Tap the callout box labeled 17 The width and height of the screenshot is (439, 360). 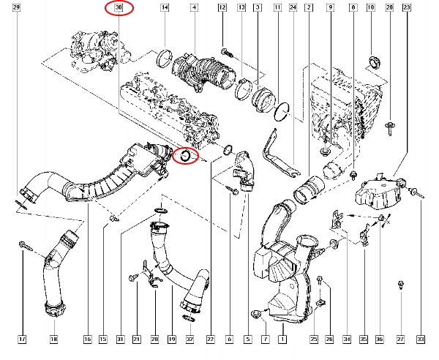tap(22, 340)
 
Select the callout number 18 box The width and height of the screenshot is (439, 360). tap(53, 340)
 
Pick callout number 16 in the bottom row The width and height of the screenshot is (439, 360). tap(87, 340)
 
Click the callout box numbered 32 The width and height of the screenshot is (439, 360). tap(190, 340)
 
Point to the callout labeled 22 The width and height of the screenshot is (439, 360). tap(211, 340)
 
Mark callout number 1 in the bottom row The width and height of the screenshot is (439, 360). tap(285, 340)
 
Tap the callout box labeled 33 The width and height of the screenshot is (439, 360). tap(420, 340)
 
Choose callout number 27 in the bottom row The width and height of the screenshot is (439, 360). tap(400, 340)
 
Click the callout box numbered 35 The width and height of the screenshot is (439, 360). tap(364, 340)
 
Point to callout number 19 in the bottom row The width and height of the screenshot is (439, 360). tap(171, 340)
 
